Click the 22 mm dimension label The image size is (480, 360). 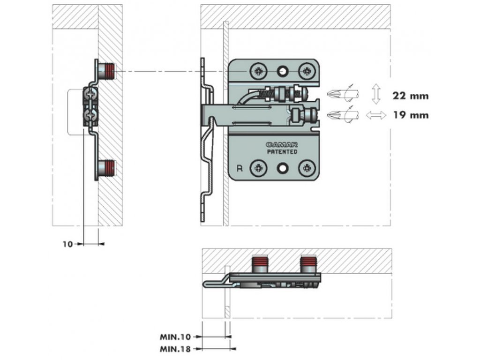click(411, 96)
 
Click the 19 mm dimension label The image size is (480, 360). click(411, 115)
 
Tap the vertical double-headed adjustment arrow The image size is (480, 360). click(375, 94)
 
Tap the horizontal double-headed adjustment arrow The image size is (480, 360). click(376, 115)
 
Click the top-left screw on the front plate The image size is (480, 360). click(258, 71)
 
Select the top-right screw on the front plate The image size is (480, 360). click(307, 71)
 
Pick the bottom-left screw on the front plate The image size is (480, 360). click(258, 167)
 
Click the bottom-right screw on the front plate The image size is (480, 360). click(307, 167)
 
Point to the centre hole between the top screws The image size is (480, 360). click(283, 71)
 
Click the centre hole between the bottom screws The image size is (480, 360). click(283, 167)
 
